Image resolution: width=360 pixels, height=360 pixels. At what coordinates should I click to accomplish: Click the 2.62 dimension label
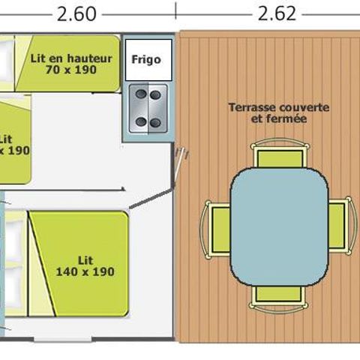(277, 13)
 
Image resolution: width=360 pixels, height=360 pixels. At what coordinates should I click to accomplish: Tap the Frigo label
(146, 59)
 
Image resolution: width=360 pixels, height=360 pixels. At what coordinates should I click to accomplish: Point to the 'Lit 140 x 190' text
(85, 265)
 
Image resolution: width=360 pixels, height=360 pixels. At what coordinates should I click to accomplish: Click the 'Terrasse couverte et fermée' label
(278, 113)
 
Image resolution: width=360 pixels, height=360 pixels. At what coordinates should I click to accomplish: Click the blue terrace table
(279, 223)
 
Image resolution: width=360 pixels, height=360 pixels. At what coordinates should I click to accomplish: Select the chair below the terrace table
(278, 293)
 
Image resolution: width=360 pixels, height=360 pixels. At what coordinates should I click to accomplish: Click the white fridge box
(146, 60)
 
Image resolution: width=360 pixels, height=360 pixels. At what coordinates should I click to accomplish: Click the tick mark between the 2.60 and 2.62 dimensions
(175, 10)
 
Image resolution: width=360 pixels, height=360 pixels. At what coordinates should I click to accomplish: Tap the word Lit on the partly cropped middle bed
(6, 139)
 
